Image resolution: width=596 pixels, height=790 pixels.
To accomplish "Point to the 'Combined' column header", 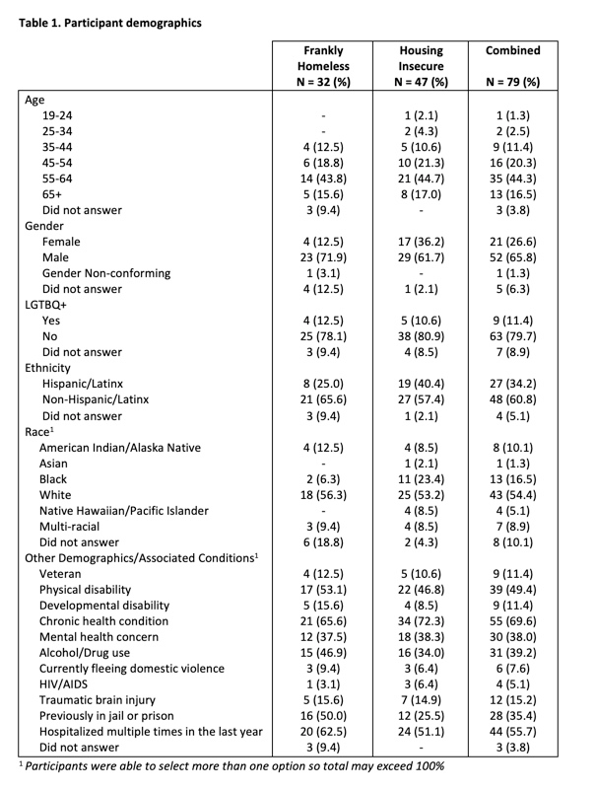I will (x=520, y=49).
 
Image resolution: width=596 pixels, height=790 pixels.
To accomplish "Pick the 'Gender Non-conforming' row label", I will (x=108, y=272).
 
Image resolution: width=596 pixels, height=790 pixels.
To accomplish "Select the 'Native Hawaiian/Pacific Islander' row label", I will (x=137, y=510).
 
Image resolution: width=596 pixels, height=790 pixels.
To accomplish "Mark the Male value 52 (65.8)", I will (x=520, y=256).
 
